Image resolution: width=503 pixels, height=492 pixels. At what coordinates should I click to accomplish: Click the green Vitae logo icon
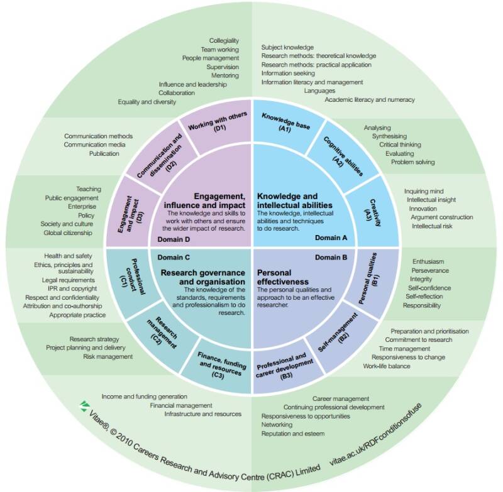(84, 406)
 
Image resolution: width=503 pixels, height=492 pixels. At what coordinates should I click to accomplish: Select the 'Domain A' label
(331, 238)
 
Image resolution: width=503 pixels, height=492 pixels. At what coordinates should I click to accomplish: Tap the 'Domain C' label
(174, 258)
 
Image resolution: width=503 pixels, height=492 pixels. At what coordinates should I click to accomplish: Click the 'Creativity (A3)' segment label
(372, 212)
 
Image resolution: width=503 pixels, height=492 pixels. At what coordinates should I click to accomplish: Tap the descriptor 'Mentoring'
(225, 75)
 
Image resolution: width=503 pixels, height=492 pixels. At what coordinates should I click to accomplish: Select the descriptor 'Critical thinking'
(400, 145)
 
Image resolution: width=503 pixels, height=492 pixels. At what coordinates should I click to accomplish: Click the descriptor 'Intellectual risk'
(432, 226)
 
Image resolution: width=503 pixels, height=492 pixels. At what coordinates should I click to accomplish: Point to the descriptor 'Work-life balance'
(387, 366)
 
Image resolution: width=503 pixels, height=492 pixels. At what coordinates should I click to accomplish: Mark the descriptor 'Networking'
(277, 425)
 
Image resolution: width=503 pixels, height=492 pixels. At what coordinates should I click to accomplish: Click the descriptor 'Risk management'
(108, 356)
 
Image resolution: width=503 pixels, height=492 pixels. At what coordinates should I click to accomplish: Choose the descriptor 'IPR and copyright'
(72, 288)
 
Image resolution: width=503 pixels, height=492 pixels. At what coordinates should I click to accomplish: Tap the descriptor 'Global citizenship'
(68, 232)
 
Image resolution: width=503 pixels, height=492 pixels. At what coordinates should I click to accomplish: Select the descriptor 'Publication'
(104, 153)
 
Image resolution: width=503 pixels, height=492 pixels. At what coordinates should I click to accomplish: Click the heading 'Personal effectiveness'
(282, 277)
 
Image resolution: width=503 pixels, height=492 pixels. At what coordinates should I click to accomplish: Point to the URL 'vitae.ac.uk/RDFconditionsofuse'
(375, 434)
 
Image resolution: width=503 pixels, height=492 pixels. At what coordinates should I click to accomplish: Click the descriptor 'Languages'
(319, 90)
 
